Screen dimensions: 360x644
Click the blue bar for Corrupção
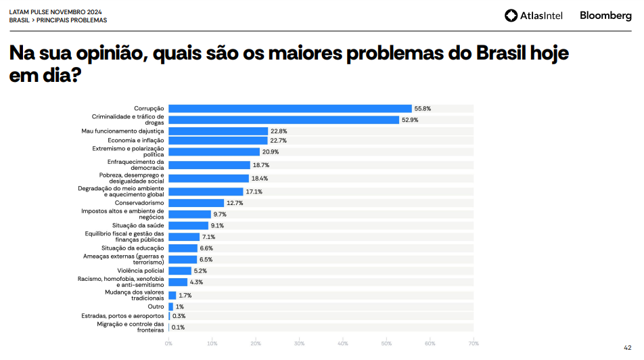290,108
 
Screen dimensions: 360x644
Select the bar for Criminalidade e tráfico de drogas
283,120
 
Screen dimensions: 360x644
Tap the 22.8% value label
279,131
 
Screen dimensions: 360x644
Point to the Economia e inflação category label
136,140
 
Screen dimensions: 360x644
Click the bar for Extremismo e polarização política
214,152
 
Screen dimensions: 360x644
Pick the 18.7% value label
261,164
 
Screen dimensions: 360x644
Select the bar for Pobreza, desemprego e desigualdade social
208,178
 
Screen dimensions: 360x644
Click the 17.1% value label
254,192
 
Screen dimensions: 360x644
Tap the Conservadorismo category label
139,202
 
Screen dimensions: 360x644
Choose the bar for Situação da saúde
188,225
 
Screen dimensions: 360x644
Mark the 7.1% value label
208,237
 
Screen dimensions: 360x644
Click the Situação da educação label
137,248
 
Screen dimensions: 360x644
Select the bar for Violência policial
180,271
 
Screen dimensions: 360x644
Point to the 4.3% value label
196,282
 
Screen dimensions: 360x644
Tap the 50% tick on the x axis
386,343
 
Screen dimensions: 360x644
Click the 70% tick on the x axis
473,343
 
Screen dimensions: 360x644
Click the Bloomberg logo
605,16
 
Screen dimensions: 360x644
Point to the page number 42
627,348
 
